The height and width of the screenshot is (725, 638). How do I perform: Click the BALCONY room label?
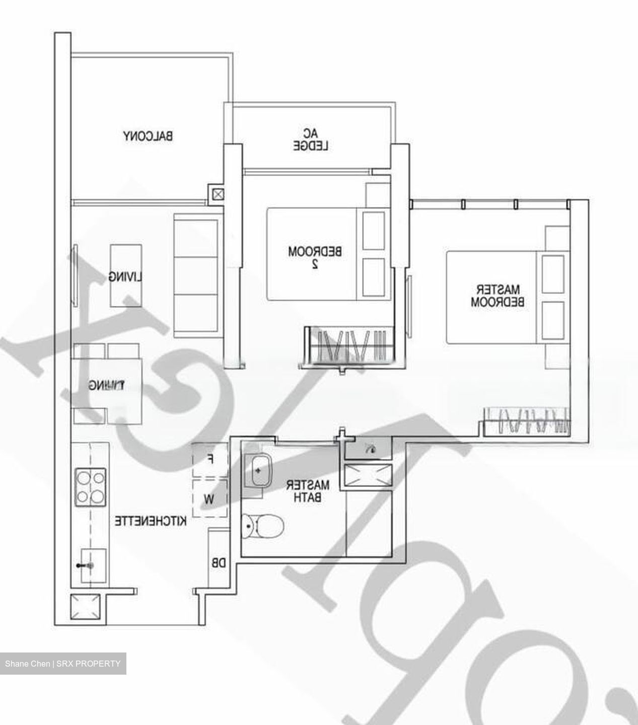(148, 136)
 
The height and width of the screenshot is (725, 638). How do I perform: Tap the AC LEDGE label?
(311, 140)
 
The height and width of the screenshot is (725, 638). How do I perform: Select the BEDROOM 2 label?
(315, 257)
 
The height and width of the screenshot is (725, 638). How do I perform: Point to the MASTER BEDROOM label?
(498, 296)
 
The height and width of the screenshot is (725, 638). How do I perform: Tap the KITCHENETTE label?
(150, 521)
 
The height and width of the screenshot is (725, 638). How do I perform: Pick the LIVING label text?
(126, 277)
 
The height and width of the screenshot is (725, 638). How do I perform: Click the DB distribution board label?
(219, 563)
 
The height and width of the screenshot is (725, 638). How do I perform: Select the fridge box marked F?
(210, 459)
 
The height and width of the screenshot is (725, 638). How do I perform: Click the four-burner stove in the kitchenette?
(90, 487)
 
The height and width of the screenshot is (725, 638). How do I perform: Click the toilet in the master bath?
(262, 526)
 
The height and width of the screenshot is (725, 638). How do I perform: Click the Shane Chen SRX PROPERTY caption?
(63, 664)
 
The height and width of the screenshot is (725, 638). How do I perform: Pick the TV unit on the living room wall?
(75, 275)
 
